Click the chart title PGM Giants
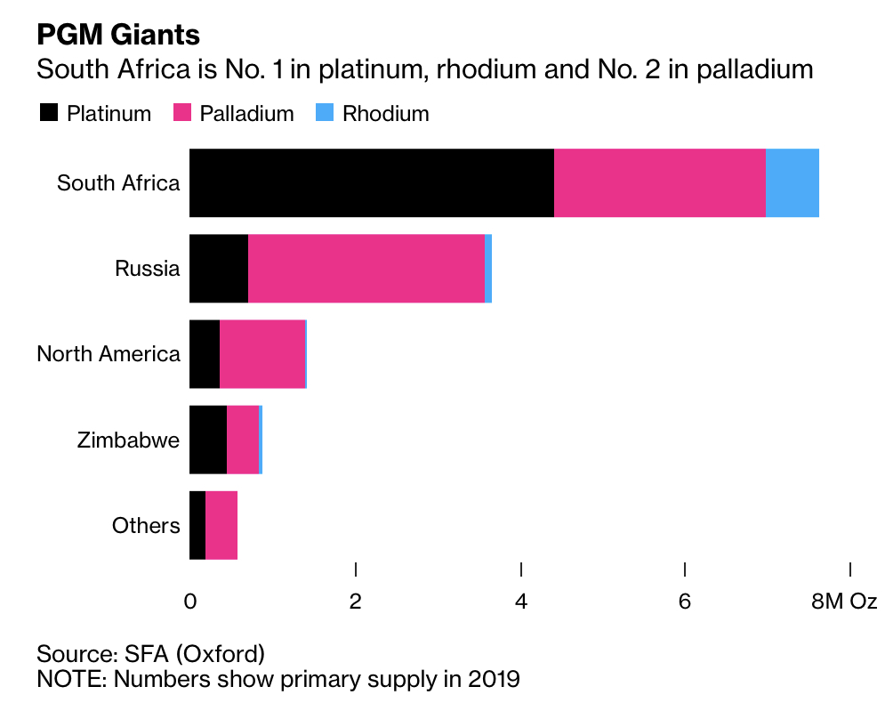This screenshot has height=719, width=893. click(x=117, y=35)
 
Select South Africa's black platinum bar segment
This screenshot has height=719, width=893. click(x=372, y=182)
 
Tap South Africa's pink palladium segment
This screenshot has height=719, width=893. click(x=660, y=182)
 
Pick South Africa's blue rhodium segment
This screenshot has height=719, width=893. click(x=792, y=182)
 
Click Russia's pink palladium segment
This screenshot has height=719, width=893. click(x=366, y=268)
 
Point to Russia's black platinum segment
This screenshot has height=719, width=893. click(x=219, y=268)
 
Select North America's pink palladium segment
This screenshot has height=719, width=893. click(x=262, y=354)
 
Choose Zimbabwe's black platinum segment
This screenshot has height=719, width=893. click(x=208, y=440)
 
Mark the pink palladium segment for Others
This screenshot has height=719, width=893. click(x=221, y=525)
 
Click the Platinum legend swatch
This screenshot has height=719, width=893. click(x=48, y=113)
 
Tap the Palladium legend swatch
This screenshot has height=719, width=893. click(x=181, y=113)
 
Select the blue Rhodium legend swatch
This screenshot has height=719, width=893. click(x=325, y=113)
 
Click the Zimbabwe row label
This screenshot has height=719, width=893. click(x=128, y=440)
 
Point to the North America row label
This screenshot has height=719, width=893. click(x=109, y=354)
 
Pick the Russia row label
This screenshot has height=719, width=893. click(x=148, y=268)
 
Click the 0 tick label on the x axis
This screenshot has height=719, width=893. click(x=190, y=602)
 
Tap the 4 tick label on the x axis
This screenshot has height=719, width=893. click(x=521, y=602)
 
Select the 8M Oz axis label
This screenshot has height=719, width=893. click(x=844, y=602)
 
